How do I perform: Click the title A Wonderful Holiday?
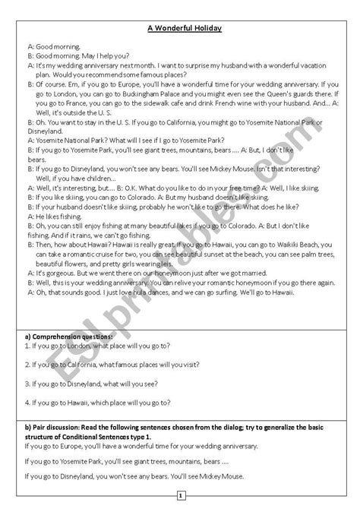[180, 30]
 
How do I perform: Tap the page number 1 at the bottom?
[181, 497]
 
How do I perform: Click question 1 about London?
[101, 346]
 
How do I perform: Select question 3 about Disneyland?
[98, 384]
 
